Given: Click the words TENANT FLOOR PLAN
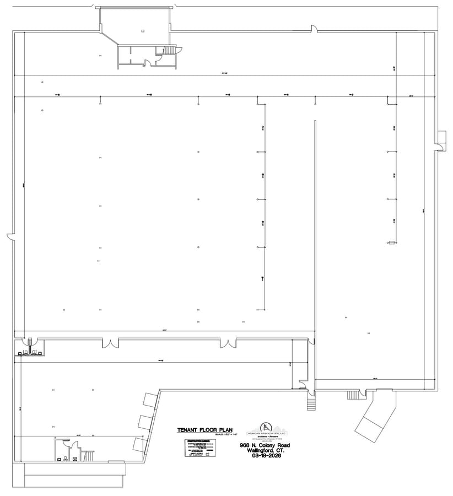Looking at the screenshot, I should click(x=205, y=430).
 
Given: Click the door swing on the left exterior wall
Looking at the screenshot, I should click(x=10, y=237).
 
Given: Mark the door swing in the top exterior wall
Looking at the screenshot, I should click(x=314, y=29).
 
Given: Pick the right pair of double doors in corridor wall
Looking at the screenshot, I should click(x=228, y=343).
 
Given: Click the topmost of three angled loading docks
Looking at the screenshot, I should click(x=149, y=400).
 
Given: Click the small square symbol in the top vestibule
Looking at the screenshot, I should click(x=142, y=31).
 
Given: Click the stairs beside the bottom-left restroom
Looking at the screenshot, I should click(x=88, y=455).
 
